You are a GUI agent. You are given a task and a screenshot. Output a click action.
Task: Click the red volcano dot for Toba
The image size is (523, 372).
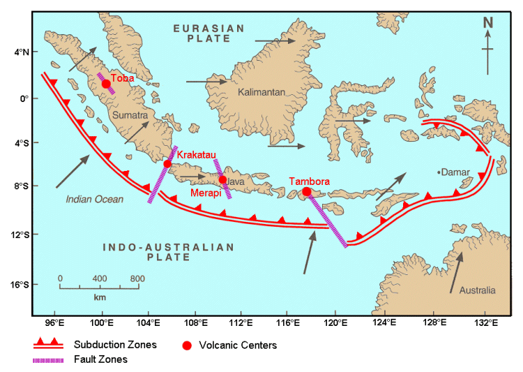point(106,84)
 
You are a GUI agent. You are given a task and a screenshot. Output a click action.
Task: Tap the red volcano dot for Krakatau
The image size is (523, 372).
point(167,164)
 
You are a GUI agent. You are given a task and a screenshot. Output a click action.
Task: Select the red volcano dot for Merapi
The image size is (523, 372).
point(222,179)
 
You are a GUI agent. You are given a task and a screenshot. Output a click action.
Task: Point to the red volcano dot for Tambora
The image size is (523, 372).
point(307,191)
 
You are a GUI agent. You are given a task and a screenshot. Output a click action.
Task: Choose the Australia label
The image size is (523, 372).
point(478,290)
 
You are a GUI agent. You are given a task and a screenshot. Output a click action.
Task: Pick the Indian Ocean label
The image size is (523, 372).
point(94,200)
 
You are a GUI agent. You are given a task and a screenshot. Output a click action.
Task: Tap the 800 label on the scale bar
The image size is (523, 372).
point(137,278)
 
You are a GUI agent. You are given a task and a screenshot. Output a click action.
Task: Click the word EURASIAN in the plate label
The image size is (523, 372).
point(209,28)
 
